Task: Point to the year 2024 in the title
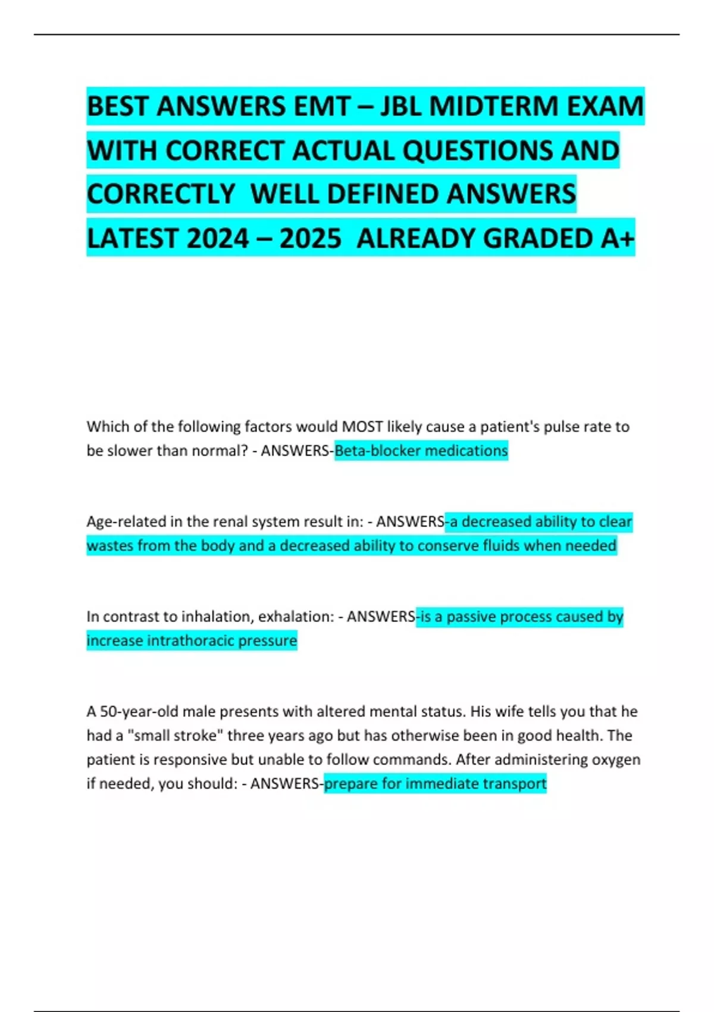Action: (217, 238)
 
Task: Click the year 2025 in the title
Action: (310, 238)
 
